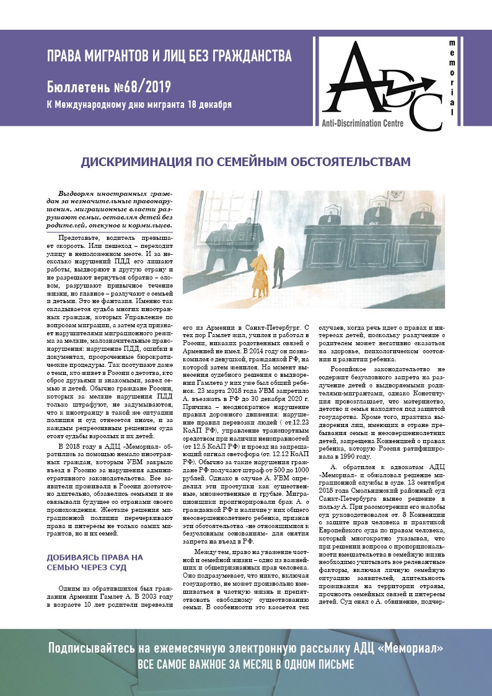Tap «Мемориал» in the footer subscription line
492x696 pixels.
pos(415,648)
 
